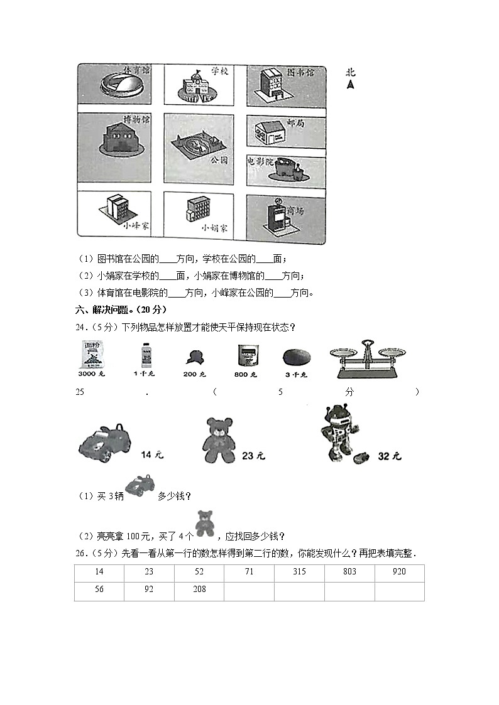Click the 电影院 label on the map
tap(261, 161)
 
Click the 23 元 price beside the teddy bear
tap(253, 456)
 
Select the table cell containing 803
tap(349, 572)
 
